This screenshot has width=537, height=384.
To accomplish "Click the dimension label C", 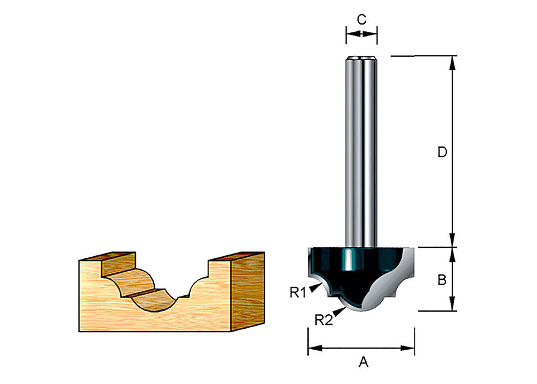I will (361, 19).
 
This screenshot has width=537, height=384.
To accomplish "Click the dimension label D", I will (441, 153).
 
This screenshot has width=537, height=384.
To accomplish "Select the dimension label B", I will (441, 279).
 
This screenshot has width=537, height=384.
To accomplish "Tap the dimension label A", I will (364, 363).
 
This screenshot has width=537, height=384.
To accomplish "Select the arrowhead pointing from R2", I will (339, 310).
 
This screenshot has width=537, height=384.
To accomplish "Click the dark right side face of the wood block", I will (248, 290).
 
